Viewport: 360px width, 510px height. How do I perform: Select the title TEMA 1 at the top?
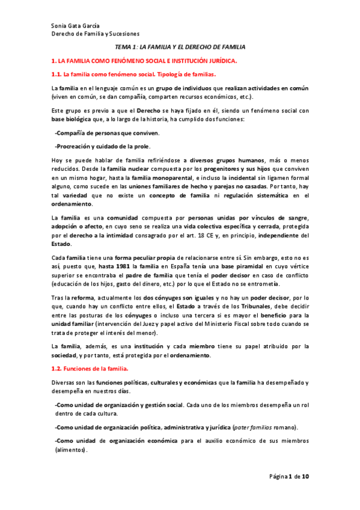[127, 47]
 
